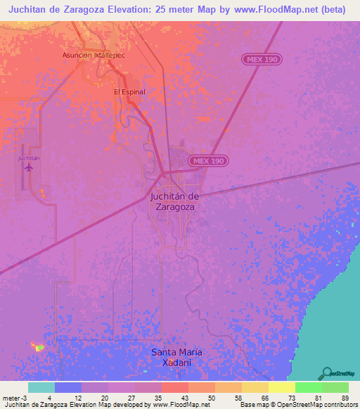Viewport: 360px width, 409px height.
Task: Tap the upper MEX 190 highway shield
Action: (263, 60)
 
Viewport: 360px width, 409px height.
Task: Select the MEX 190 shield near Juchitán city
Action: (210, 161)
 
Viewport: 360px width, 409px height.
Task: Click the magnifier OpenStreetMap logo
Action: (327, 374)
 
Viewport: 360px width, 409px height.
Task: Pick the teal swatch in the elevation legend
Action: (41, 388)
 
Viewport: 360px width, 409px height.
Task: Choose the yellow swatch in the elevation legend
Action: (281, 388)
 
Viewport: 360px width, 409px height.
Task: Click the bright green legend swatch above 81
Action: (308, 388)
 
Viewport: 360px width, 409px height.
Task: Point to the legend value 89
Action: (345, 398)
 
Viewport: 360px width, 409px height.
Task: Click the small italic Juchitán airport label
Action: (28, 158)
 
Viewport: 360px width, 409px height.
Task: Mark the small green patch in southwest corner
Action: (38, 346)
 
